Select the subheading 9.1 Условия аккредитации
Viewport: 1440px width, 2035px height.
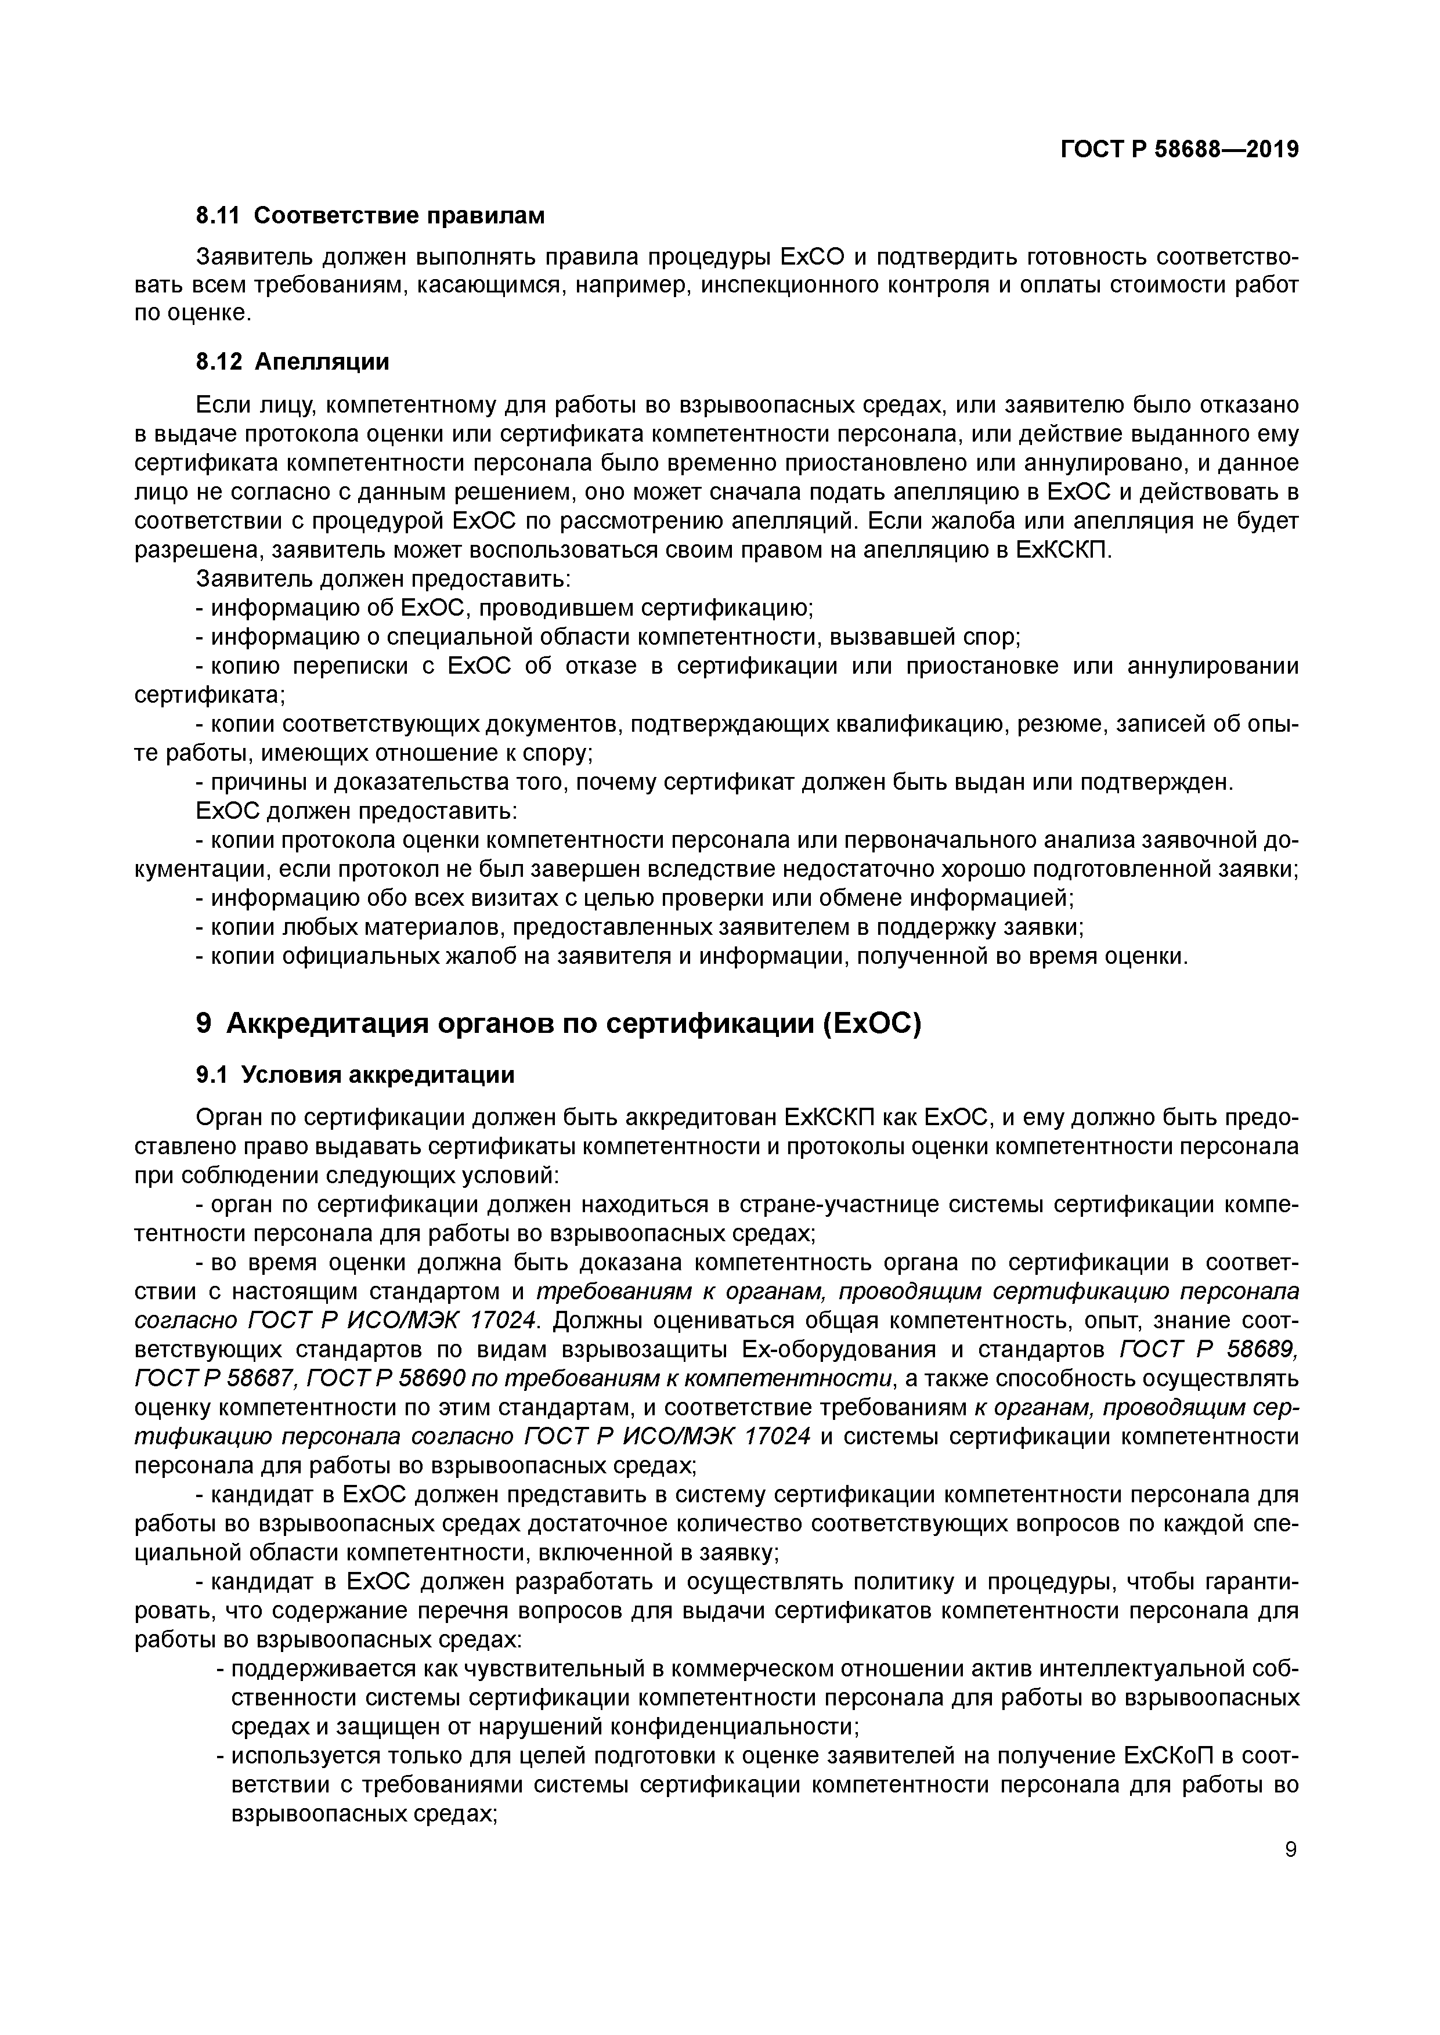(355, 1075)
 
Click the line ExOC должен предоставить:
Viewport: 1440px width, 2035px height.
(356, 811)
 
